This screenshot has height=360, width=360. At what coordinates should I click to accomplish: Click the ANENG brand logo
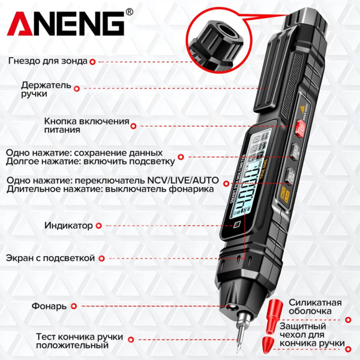coord(66,25)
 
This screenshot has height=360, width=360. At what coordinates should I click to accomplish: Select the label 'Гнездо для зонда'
coord(48,61)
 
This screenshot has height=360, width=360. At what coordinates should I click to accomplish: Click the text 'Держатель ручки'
coord(46,89)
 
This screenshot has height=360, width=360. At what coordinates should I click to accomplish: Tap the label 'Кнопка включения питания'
coord(86,125)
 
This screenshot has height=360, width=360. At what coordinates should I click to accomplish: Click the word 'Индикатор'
coord(68,226)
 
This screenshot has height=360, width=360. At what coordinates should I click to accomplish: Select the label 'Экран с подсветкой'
coord(50,258)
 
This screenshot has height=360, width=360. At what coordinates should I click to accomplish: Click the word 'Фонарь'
coord(49,306)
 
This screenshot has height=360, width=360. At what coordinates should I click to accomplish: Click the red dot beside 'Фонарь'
coord(74,306)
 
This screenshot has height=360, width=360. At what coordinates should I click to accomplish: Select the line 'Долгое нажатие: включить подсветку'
coord(91,161)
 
